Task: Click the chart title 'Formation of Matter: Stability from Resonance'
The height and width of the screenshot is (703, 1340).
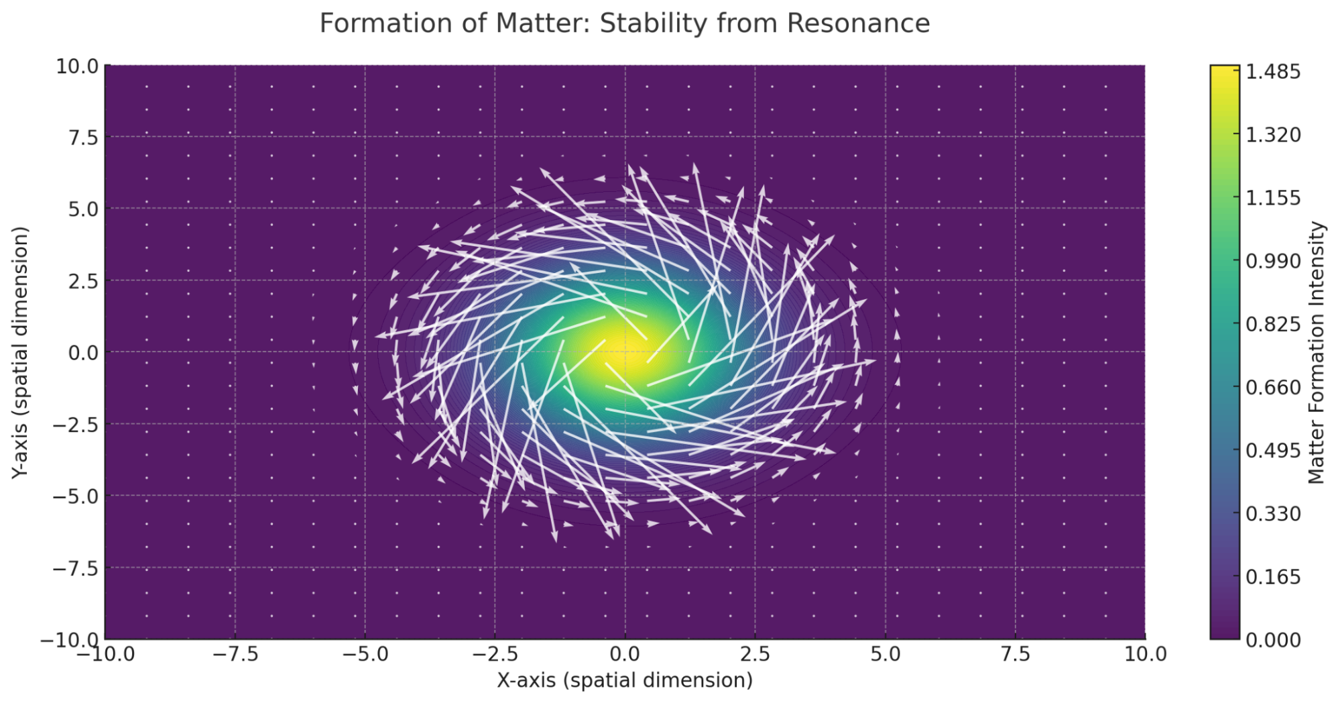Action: click(x=624, y=23)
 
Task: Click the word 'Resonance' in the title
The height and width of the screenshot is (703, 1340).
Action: click(x=858, y=23)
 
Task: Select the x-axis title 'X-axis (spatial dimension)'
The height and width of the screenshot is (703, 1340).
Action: click(x=624, y=680)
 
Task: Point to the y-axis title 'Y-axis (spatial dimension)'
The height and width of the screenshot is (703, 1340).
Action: click(x=21, y=352)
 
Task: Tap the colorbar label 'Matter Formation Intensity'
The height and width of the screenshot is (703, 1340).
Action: click(x=1317, y=352)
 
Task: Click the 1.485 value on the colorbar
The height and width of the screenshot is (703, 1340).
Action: click(x=1272, y=72)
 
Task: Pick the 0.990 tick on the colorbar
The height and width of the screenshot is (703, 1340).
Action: click(x=1272, y=261)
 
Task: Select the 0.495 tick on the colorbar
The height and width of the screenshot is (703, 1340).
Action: click(x=1272, y=451)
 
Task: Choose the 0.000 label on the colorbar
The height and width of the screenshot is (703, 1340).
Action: click(x=1272, y=640)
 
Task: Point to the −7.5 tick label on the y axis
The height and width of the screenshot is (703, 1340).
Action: click(x=75, y=569)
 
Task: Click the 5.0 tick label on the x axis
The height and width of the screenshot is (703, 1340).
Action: click(x=885, y=654)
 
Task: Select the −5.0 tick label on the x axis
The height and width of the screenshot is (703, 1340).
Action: click(x=365, y=654)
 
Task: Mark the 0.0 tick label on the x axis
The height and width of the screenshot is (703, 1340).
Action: click(x=625, y=654)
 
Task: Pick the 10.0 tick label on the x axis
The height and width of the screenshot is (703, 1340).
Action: click(x=1145, y=654)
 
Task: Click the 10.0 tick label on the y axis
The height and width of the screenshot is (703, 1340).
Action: click(x=76, y=66)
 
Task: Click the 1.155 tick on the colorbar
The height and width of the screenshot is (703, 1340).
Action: click(x=1272, y=198)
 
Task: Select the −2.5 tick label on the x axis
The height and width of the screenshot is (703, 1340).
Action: click(x=495, y=654)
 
